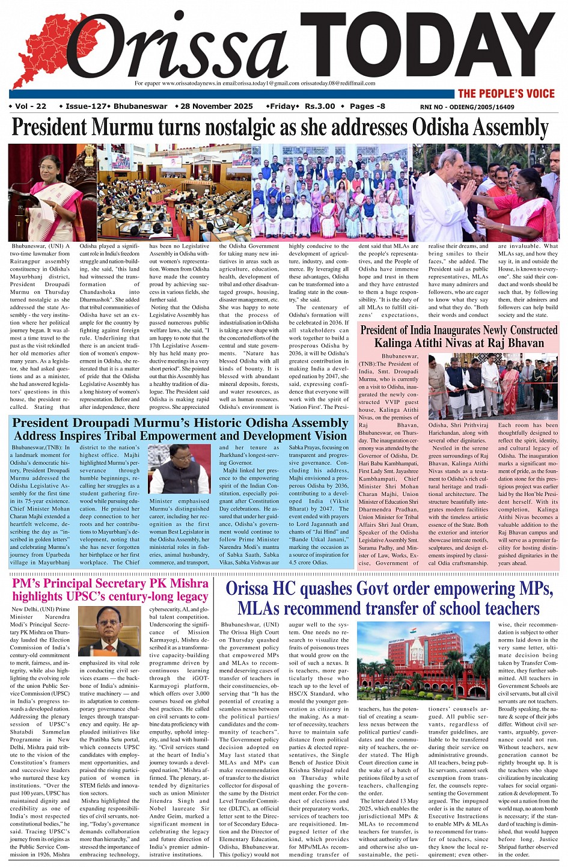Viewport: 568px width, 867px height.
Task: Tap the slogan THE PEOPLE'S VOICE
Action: coord(506,93)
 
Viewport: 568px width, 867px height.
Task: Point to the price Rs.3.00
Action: coord(320,106)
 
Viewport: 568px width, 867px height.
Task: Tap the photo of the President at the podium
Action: coord(52,192)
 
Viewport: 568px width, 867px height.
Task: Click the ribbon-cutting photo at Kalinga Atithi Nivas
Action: coord(493,387)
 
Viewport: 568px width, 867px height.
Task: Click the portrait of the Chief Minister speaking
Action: coord(179,469)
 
